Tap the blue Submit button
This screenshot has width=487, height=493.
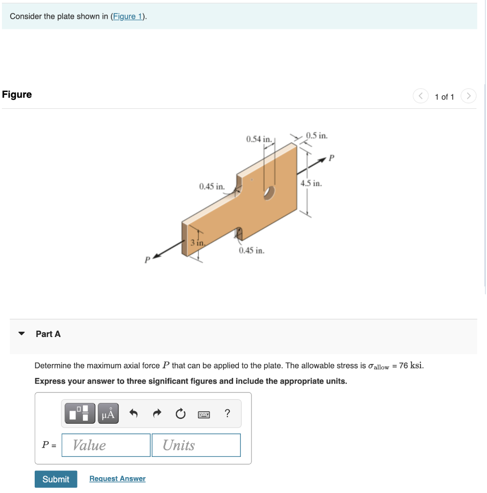coord(56,479)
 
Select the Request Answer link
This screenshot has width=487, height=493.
coord(118,479)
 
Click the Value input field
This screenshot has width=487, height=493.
coord(106,445)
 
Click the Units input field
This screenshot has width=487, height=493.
coord(196,445)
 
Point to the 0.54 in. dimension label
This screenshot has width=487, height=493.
coord(260,139)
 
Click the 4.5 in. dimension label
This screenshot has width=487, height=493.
coord(311,183)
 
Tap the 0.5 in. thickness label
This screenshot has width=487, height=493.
coord(317,135)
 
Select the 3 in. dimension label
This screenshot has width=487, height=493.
coord(198,243)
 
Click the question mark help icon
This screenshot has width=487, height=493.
coord(227,414)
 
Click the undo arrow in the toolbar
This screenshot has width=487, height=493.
coord(134,414)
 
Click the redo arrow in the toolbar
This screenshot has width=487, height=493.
coord(157,414)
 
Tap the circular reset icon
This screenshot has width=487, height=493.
coord(180,414)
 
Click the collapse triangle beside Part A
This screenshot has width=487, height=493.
coord(21,334)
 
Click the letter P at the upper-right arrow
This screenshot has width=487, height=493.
coord(331,157)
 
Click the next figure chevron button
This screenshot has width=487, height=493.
coord(468,96)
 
